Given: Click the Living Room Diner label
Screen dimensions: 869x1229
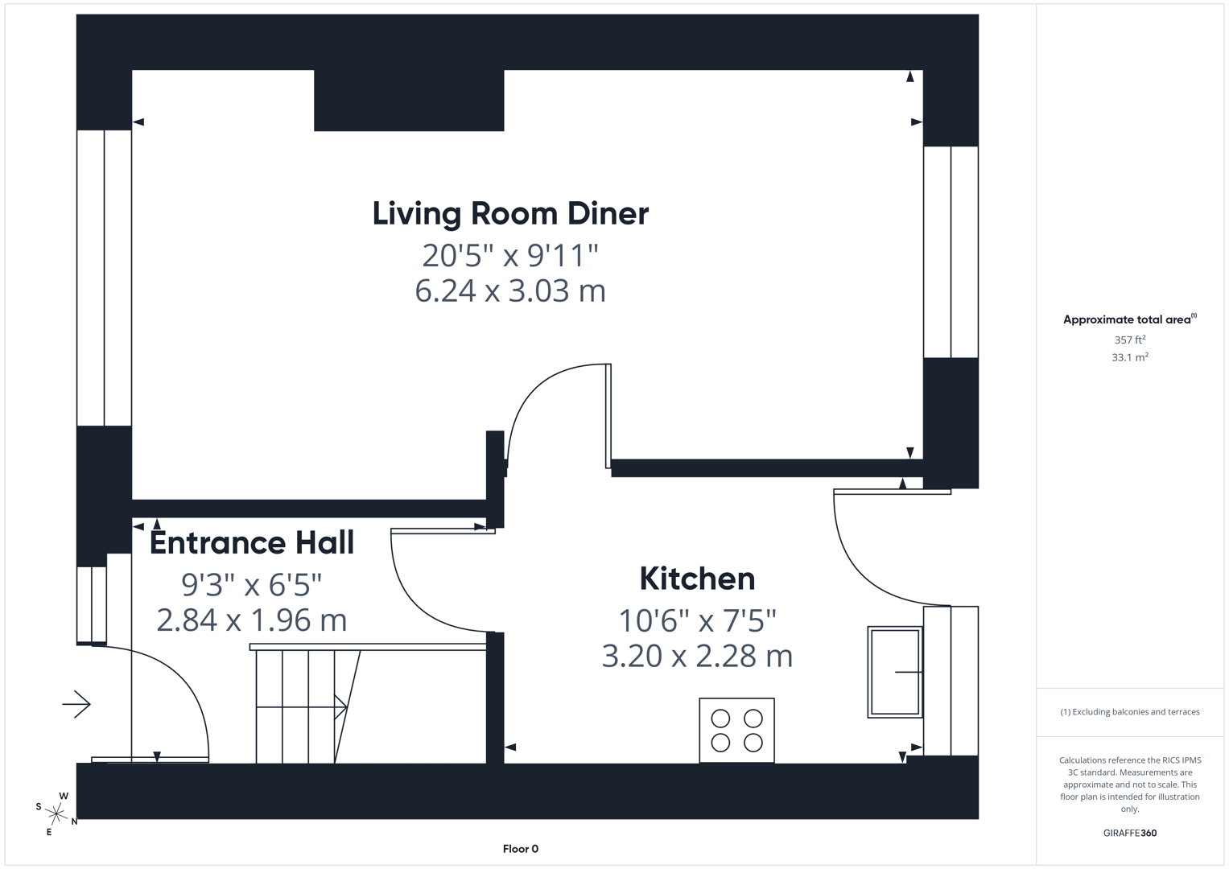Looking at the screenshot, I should [510, 214].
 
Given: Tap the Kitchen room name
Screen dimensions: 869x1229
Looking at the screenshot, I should [697, 579].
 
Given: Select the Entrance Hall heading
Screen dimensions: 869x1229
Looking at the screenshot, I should [252, 543].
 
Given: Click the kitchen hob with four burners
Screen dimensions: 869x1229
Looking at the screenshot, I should [736, 731].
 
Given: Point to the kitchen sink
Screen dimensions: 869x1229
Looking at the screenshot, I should [894, 672].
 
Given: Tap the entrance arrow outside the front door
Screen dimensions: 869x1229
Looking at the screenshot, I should [77, 705].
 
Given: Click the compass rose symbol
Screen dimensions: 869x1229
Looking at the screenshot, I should [56, 813].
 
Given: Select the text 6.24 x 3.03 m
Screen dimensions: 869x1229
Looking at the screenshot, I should [510, 290].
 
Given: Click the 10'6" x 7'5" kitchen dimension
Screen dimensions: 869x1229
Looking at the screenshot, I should [697, 621].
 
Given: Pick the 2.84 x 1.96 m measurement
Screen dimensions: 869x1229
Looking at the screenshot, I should [252, 620].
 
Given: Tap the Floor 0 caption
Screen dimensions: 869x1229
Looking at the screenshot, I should [520, 849].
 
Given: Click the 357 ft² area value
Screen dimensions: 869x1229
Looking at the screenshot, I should [1129, 340].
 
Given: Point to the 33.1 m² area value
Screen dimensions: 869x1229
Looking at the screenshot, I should [1129, 357].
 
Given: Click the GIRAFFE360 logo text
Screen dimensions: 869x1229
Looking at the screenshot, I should [1129, 833].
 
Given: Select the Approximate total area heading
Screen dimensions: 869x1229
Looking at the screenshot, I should [1127, 320].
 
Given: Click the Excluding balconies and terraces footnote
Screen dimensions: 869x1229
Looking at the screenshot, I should [1129, 712].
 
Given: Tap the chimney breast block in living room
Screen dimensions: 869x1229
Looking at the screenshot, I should [409, 101].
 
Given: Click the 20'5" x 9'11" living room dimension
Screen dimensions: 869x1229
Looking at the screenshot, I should [510, 256].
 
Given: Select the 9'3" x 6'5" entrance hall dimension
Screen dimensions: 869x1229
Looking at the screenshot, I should [252, 585].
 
